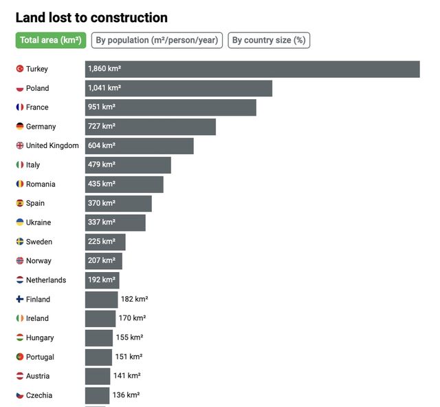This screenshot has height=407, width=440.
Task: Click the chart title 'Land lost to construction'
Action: coord(91,18)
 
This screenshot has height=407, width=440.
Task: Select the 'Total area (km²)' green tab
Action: coord(51,40)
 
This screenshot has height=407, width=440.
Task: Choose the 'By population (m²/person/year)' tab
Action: coord(156,40)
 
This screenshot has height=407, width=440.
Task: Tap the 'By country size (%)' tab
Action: coord(269,40)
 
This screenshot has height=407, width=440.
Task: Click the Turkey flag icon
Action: coord(20,69)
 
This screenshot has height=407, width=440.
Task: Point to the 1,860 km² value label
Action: coord(105,69)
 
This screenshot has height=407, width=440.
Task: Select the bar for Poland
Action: coord(179,88)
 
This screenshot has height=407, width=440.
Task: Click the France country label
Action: coord(37,107)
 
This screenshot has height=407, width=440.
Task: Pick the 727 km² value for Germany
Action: coord(102,127)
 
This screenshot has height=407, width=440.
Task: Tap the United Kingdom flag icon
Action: coord(20,146)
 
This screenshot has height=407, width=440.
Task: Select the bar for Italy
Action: coord(128,165)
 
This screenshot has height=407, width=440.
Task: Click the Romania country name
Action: coord(40,185)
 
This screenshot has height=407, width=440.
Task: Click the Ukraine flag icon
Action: coord(20,222)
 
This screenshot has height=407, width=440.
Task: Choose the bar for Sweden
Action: coord(105,242)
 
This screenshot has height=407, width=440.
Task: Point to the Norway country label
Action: coord(38,261)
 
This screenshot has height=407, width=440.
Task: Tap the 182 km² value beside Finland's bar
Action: coord(135,300)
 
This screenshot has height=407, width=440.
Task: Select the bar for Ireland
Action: coord(100,319)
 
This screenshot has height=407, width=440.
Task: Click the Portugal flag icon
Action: coord(20,357)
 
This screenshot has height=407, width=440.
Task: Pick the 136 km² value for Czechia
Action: coord(126,395)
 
